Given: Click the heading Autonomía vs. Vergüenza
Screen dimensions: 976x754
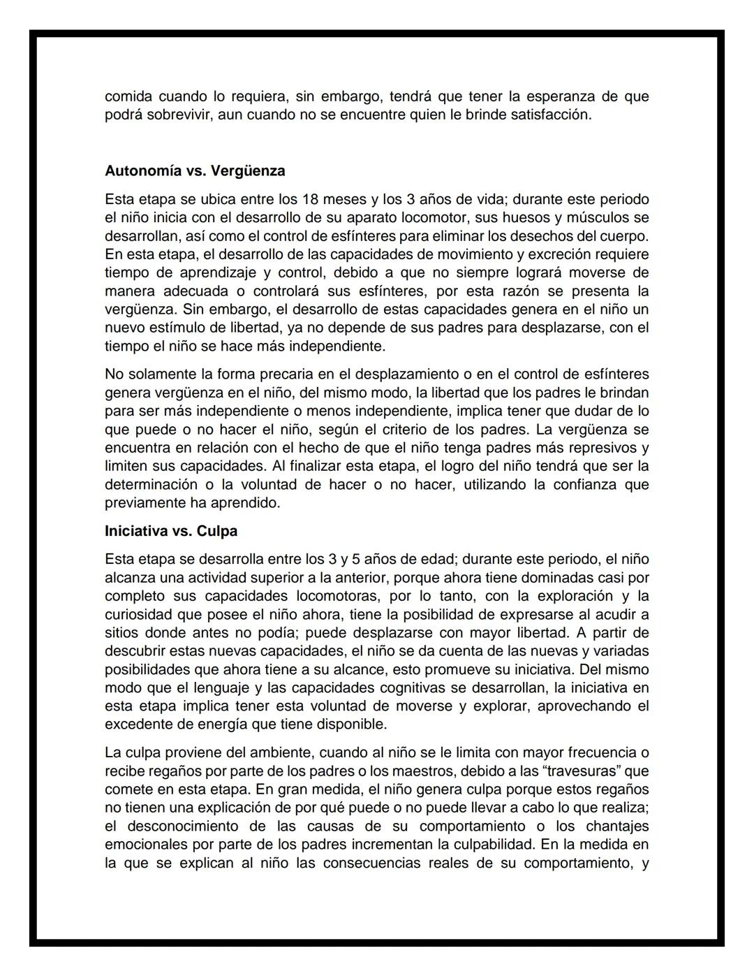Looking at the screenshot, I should [195, 171].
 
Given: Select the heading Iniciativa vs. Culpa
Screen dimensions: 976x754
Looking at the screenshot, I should [171, 531].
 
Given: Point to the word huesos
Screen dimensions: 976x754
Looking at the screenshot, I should [512, 217].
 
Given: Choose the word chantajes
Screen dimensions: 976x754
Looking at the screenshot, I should [614, 826].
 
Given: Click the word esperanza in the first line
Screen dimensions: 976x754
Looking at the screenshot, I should [550, 96].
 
